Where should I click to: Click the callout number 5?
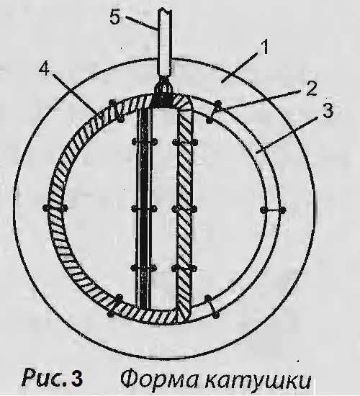tap(115, 17)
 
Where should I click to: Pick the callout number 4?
tap(44, 68)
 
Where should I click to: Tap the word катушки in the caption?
tap(257, 380)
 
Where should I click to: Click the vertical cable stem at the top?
tap(165, 43)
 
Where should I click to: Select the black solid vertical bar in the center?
tap(143, 208)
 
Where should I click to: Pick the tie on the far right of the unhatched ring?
tap(273, 210)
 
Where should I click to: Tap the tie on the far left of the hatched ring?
tap(55, 208)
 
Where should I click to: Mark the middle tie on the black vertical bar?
tap(144, 209)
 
